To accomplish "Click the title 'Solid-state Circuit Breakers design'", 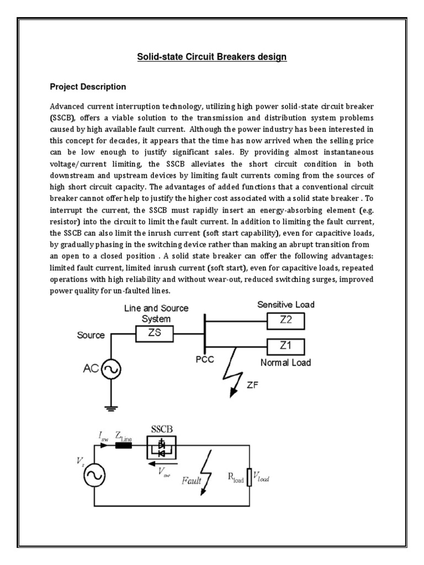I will click(211, 57).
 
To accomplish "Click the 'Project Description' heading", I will click(88, 87).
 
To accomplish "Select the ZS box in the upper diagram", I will click(155, 334).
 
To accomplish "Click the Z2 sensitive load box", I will click(286, 320).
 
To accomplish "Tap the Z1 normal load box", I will click(286, 347).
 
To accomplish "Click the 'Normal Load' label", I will click(285, 363).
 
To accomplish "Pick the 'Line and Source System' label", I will click(156, 313).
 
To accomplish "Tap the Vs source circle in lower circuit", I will click(95, 475).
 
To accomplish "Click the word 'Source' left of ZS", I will click(91, 335).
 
